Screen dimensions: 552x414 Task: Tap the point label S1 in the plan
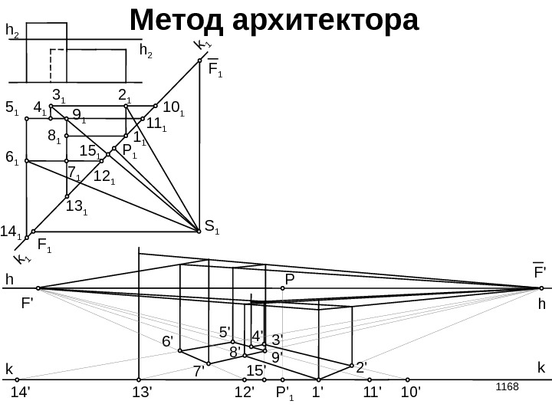212,227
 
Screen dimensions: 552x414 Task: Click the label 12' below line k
245,393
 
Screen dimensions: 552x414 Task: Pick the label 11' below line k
373,393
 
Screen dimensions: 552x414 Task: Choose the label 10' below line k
411,393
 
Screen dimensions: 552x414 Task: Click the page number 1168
508,383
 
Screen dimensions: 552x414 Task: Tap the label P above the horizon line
290,279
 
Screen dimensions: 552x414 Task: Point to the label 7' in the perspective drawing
198,372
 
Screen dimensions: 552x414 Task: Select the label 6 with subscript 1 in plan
12,158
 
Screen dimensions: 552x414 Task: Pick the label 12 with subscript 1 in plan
103,177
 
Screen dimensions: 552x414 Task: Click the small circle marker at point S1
199,227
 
